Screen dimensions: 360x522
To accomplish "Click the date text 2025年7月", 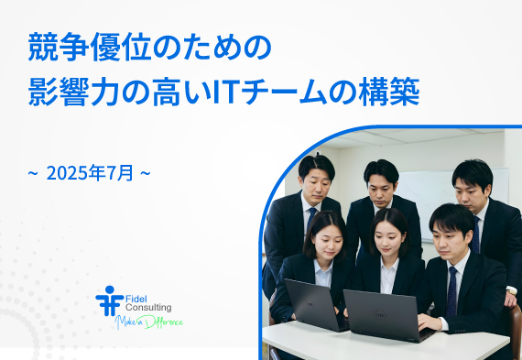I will tap(90, 171).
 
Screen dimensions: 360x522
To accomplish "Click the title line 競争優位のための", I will tap(148, 46).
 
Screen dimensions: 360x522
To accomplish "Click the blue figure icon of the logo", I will tap(108, 300).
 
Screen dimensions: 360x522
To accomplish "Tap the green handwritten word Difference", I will tap(164, 322).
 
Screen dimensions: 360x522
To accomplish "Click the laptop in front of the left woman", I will tap(310, 306).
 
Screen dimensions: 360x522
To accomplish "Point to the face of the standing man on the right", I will tap(470, 186).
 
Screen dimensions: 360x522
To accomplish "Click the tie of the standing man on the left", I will tap(312, 220).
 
